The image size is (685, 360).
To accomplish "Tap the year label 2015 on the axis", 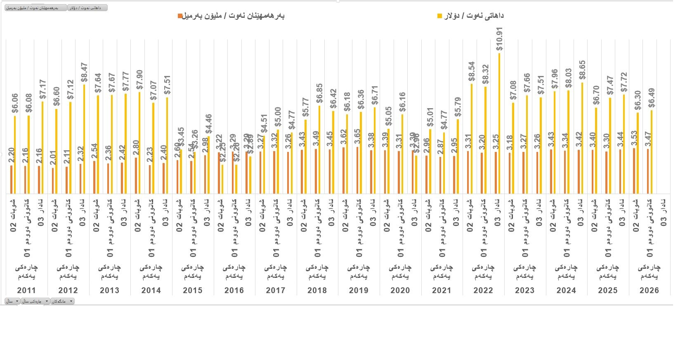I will click(x=192, y=290).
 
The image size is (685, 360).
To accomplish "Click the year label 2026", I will click(x=649, y=290).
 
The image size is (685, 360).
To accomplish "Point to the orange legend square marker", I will click(x=180, y=16).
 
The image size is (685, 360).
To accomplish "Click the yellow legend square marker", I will click(x=439, y=16).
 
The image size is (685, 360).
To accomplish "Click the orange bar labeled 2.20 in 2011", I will click(x=12, y=180).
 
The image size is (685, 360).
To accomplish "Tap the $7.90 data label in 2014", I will click(x=139, y=80).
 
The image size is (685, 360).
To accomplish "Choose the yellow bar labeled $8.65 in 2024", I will click(x=582, y=138).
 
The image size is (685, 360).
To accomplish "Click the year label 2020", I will click(x=400, y=290).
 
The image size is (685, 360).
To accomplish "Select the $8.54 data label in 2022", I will click(x=472, y=71).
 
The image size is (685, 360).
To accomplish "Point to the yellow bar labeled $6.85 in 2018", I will click(x=319, y=150).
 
